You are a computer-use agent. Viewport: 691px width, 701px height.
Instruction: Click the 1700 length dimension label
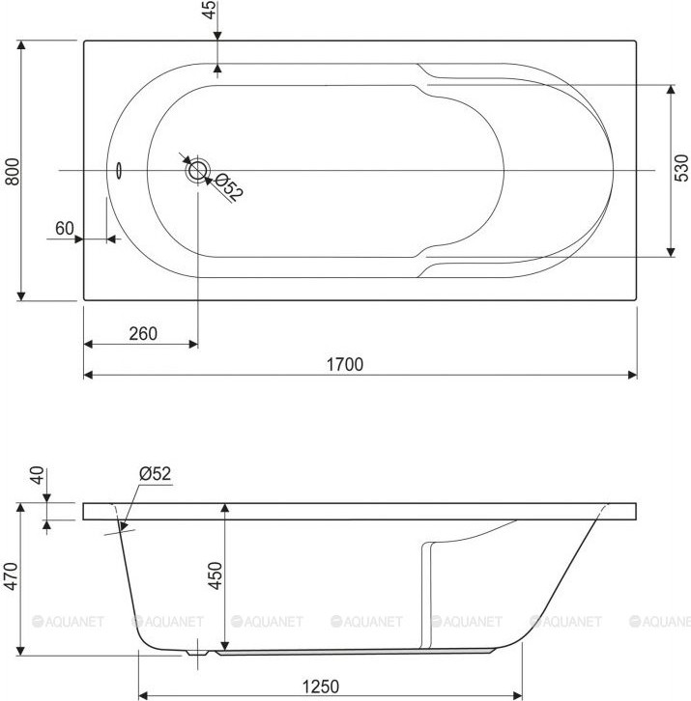[345, 364]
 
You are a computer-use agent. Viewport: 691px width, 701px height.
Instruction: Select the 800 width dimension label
[13, 171]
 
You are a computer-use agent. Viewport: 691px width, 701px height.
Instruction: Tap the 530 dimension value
[681, 168]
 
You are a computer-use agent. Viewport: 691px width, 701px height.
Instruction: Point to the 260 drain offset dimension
[143, 333]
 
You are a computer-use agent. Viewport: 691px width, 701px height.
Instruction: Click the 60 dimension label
[65, 228]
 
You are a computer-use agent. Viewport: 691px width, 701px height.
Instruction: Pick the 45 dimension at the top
[209, 10]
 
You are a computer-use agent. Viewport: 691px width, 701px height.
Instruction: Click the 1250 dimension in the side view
[321, 687]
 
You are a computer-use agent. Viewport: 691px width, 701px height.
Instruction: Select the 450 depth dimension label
[216, 575]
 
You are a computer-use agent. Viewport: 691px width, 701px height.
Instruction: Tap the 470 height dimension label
[11, 575]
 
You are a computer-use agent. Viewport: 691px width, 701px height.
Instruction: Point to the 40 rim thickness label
[37, 475]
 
